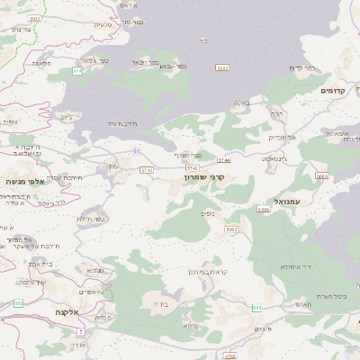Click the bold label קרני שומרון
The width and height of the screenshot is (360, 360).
209,178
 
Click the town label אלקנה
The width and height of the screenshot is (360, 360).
67,311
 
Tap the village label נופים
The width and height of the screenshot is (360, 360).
208,213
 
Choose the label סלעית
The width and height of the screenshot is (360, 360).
102,23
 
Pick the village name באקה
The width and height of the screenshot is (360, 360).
241,103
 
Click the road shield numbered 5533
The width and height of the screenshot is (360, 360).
222,67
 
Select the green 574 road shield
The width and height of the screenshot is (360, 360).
77,69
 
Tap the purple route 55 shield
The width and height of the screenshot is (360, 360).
135,151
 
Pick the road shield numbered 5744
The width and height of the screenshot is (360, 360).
223,159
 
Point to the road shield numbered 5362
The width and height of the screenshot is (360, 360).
232,229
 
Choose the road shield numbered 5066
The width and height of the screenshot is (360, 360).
321,177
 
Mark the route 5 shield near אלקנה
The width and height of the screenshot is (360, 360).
80,331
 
